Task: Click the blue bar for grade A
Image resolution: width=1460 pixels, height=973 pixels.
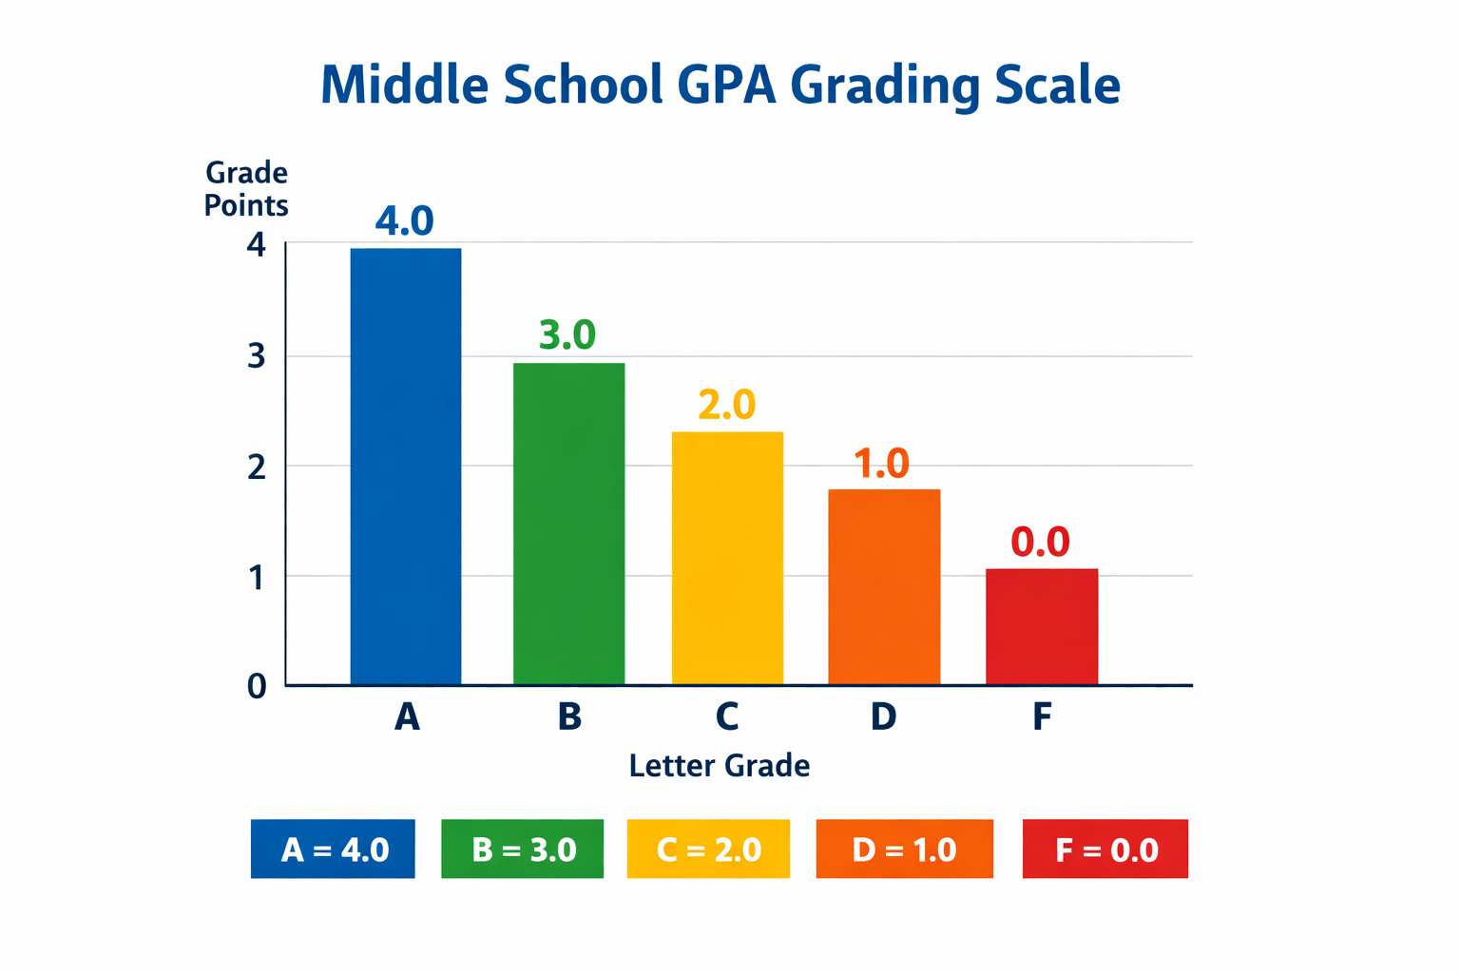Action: point(406,466)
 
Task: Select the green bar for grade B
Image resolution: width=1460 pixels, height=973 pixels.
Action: point(568,524)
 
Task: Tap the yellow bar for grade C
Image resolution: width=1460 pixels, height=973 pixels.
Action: point(727,558)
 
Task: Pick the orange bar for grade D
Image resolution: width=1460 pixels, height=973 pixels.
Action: point(884,586)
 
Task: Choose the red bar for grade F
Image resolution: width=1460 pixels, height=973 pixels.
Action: point(1042,626)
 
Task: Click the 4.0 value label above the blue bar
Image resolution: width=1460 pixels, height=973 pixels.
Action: point(404,220)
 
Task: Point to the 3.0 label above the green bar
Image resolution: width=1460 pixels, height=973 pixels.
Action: point(567,334)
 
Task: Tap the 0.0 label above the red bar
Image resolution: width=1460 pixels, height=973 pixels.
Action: point(1040,542)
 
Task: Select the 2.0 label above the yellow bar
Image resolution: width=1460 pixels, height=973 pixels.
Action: point(726,405)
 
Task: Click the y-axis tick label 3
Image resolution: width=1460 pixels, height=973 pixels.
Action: point(257,356)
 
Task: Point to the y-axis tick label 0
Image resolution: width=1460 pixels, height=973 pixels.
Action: point(257,686)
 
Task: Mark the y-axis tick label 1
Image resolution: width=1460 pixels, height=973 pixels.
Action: point(257,577)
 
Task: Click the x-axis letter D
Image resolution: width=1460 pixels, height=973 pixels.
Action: point(883,716)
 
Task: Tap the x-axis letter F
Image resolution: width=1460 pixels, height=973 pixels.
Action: point(1042,716)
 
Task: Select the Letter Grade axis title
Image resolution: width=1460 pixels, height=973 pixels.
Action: point(720,766)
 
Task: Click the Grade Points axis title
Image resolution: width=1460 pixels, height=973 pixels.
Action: point(246,189)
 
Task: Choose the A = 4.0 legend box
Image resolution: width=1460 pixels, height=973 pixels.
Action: point(333,849)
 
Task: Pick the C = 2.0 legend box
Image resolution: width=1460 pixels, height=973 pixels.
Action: point(708,849)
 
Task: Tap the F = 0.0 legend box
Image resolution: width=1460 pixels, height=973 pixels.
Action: point(1105,849)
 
